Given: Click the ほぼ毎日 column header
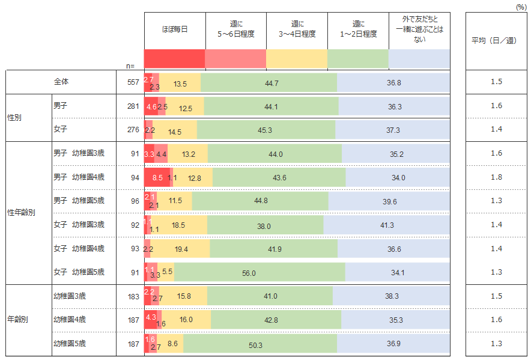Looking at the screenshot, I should [175, 29].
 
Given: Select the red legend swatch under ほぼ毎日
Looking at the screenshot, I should [175, 59].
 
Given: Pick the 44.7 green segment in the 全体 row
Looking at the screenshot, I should [269, 83].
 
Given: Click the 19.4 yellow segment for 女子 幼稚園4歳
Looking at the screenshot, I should [180, 248].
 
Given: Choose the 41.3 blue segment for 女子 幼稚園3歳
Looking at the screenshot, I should [386, 225].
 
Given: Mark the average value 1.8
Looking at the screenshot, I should [496, 177].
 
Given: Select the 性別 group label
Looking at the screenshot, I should [14, 118].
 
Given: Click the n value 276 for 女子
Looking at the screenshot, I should [133, 130].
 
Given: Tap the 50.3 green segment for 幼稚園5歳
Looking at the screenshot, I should [260, 343].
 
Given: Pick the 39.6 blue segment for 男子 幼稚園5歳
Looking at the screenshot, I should [389, 201].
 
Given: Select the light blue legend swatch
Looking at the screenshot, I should [419, 59].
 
